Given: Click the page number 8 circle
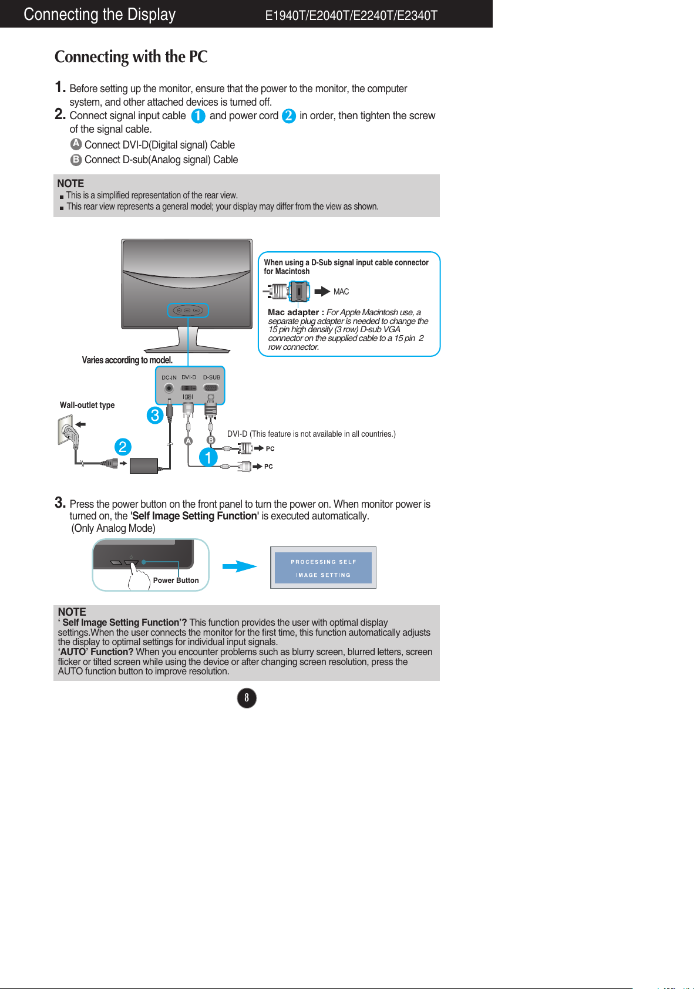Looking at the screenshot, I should [247, 698].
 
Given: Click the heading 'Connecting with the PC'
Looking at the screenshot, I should [131, 57].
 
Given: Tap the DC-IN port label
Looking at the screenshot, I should [169, 378].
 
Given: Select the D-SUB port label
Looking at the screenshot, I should [211, 377].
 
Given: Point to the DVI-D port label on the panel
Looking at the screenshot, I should [189, 377].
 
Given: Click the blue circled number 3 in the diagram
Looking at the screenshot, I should [154, 416].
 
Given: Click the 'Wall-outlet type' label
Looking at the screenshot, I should [87, 405].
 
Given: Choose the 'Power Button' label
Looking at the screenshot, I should [176, 580].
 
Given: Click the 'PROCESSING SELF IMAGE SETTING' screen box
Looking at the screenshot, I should [323, 568].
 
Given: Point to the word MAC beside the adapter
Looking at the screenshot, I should [341, 292].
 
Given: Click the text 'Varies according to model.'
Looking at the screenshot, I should [127, 360].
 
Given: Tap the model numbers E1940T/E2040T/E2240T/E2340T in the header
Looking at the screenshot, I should [351, 16].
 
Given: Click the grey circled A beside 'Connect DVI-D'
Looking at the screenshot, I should [76, 144].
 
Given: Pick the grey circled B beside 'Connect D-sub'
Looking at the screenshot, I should [76, 159].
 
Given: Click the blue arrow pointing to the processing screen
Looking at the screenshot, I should [240, 566].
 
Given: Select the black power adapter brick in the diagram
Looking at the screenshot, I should [144, 465].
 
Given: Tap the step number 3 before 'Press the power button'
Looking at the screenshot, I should [59, 502].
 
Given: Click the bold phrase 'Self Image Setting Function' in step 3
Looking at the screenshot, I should [194, 516].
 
